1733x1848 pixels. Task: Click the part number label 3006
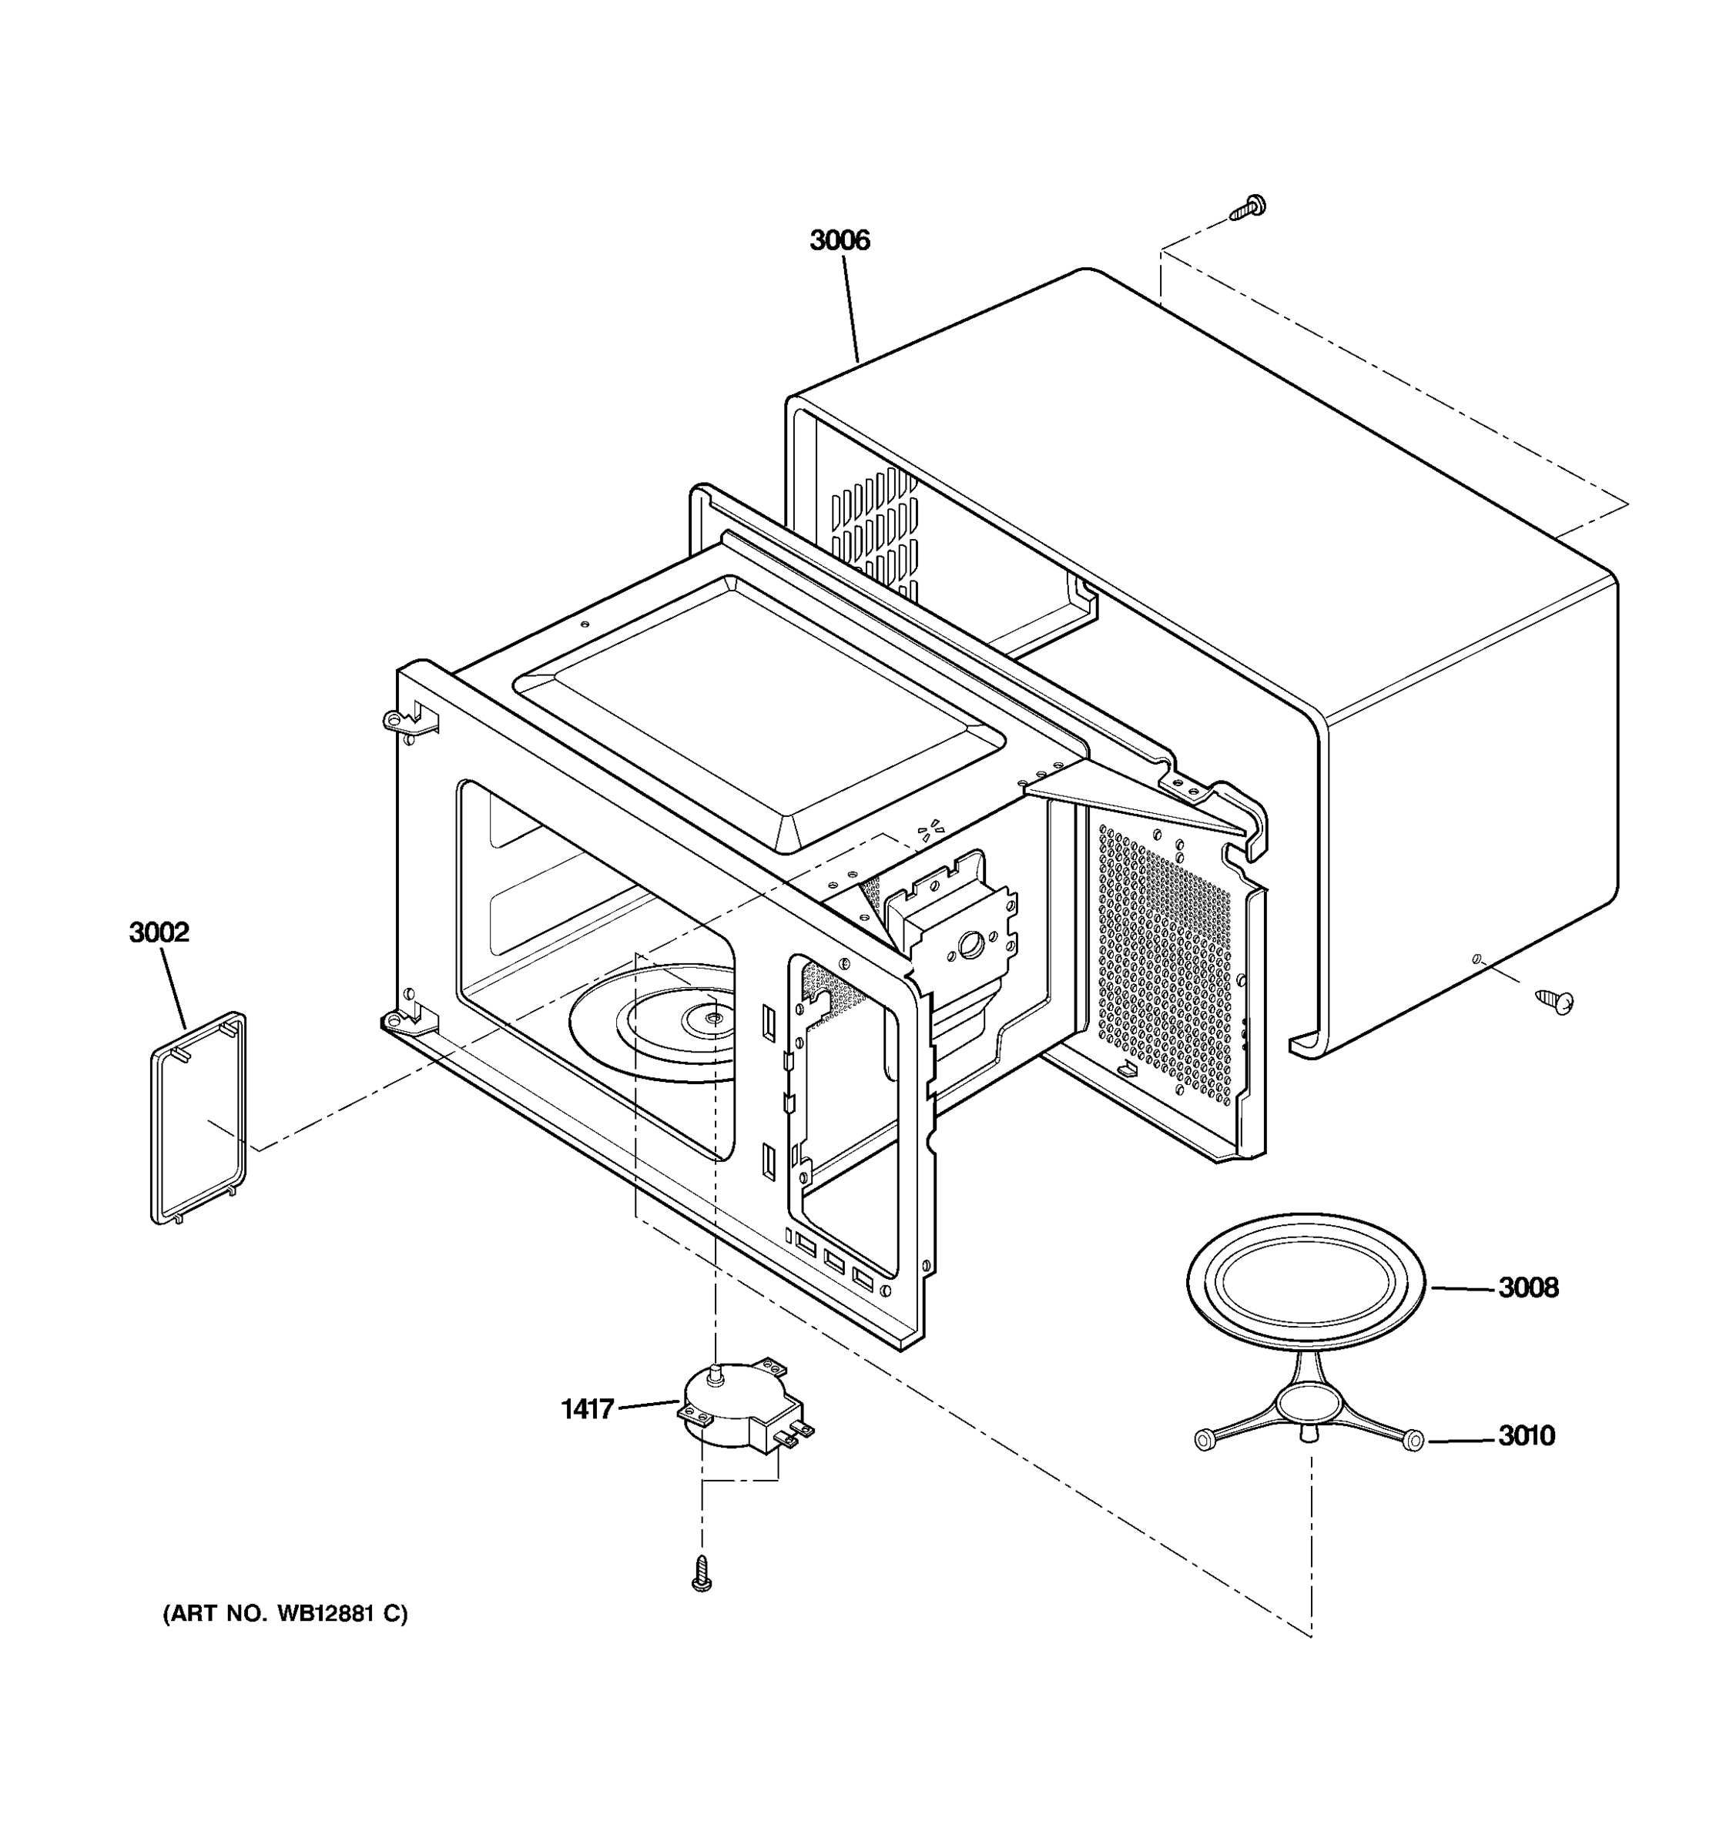coord(839,241)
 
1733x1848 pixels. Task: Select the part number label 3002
coord(159,932)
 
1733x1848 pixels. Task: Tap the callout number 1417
coord(588,1409)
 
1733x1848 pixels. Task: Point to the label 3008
coord(1527,1288)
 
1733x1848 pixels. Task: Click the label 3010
coord(1526,1436)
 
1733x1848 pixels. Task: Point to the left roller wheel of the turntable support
coord(1202,1440)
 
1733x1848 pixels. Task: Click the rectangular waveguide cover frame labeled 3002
coord(198,1118)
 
